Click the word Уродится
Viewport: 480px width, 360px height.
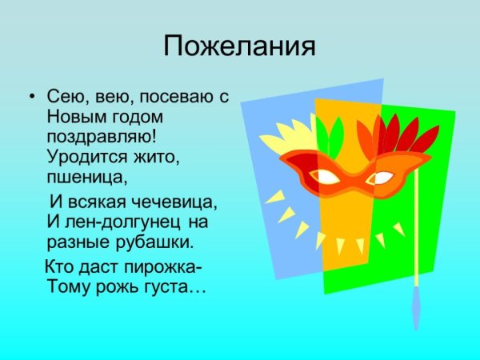coord(82,154)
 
